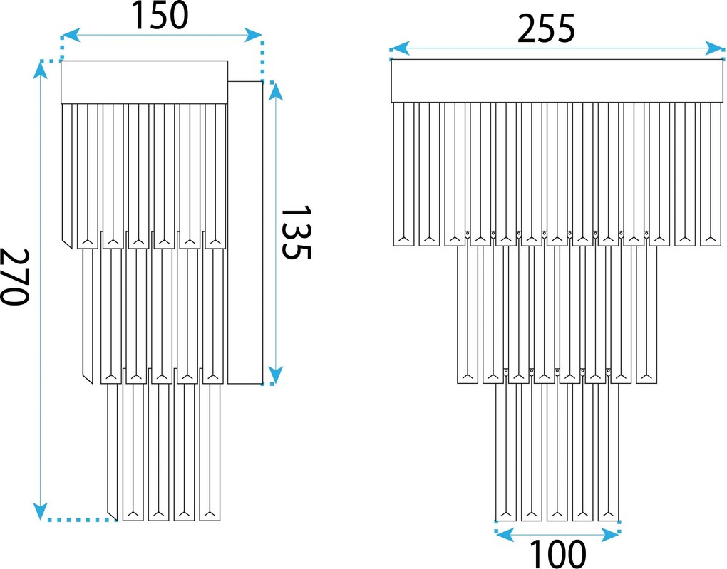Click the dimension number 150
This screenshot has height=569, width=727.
(x=161, y=15)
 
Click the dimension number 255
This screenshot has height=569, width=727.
(x=546, y=28)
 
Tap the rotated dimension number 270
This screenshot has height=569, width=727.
(x=15, y=276)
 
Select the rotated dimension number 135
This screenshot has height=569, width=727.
(x=297, y=232)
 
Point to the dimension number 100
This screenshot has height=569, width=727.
(x=557, y=554)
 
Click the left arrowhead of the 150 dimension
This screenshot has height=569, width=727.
(x=71, y=35)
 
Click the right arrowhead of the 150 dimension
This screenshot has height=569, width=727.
(x=253, y=35)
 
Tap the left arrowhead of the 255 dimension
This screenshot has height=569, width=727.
(x=399, y=48)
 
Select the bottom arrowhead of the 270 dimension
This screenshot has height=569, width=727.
(x=41, y=511)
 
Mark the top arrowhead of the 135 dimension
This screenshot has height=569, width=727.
(x=275, y=91)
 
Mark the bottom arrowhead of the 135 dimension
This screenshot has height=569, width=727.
(x=275, y=375)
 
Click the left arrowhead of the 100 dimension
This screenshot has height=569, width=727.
(x=505, y=536)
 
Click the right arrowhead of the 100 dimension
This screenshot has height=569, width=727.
(x=611, y=536)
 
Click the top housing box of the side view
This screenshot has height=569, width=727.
(x=144, y=82)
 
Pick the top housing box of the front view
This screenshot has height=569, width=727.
(x=557, y=80)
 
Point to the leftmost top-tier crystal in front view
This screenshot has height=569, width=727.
(x=404, y=174)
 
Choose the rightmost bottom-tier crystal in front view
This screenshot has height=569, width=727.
(x=608, y=452)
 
